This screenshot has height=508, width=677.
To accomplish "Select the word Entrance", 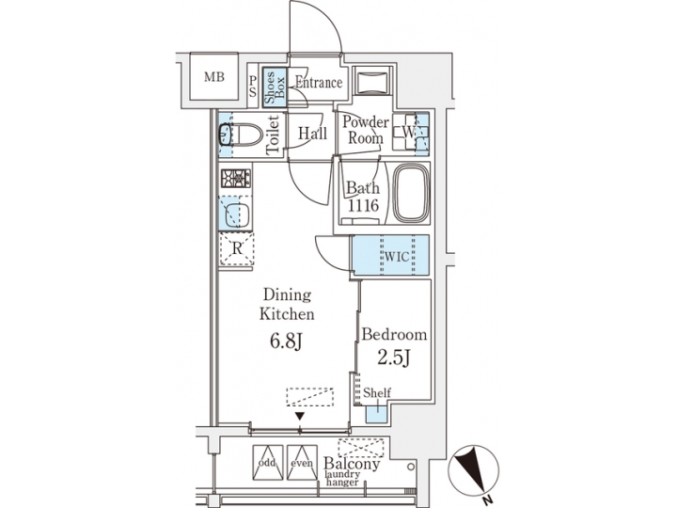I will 317,83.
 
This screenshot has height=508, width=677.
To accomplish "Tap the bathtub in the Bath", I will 410,195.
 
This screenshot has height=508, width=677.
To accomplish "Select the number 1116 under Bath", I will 362,204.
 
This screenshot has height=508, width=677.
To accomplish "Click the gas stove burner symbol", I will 233,177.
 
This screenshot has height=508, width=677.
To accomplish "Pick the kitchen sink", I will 234,212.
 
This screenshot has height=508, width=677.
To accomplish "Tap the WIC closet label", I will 392,255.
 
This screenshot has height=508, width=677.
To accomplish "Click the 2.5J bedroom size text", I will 393,358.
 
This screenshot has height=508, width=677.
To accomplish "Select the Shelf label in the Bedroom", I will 378,393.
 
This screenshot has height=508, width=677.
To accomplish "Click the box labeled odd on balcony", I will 267,460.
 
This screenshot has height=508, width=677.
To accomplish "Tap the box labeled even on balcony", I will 301,460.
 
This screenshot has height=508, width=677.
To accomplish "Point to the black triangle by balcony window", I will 300,416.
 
